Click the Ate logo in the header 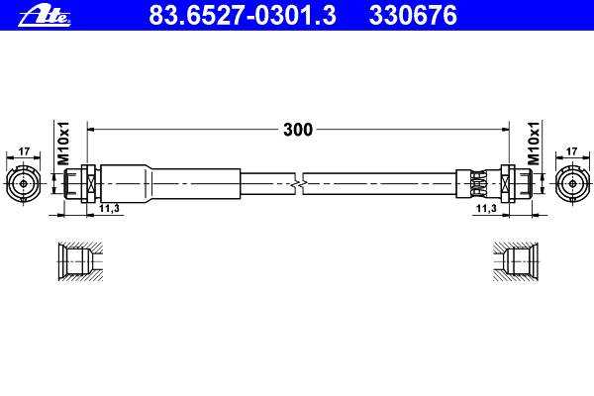tap(45, 17)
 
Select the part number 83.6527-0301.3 tap(243, 15)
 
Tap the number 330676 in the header tap(413, 15)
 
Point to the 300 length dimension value tap(298, 130)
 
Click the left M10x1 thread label tap(63, 144)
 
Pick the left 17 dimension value tap(24, 151)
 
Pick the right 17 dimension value tap(571, 151)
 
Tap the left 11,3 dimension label tap(109, 208)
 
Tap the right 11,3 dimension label tap(486, 208)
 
